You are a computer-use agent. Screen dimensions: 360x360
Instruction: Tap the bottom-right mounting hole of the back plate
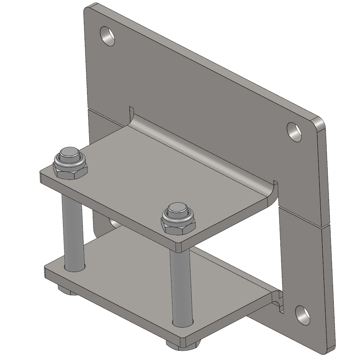303,315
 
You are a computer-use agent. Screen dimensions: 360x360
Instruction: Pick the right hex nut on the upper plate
179,221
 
